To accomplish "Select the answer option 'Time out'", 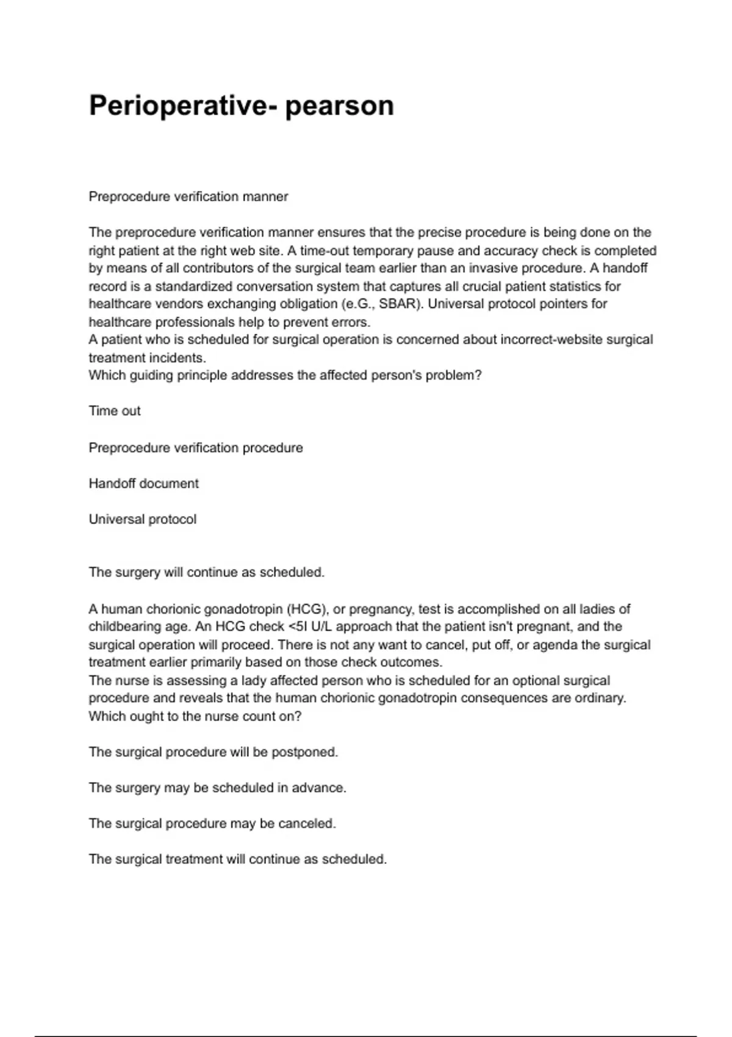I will tap(115, 411).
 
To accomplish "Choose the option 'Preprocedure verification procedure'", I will tap(196, 448).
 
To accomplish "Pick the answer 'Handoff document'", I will tap(144, 484).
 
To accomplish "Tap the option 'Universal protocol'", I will tap(143, 520).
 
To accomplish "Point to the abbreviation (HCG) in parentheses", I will tap(307, 609).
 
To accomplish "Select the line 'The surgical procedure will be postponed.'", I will tap(213, 752).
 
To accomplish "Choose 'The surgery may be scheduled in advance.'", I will tap(218, 788).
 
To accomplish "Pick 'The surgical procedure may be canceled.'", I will tap(212, 823).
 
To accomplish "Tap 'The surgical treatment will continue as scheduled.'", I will tap(238, 859).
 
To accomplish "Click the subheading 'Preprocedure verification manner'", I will tap(188, 197).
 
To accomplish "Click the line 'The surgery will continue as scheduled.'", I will tap(207, 573).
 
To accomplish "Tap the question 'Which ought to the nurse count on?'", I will tap(195, 716).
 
